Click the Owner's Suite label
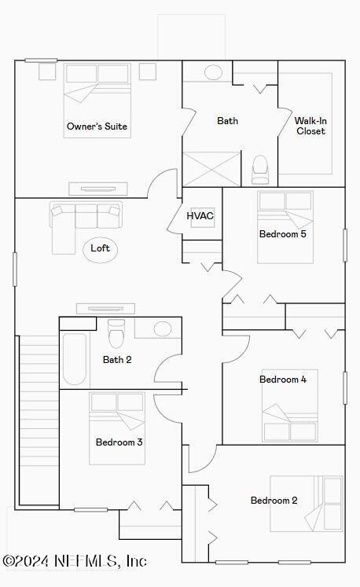pyautogui.click(x=97, y=126)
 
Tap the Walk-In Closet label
pyautogui.click(x=310, y=126)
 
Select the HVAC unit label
pyautogui.click(x=200, y=215)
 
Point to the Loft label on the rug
pyautogui.click(x=100, y=248)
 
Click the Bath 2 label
pyautogui.click(x=117, y=360)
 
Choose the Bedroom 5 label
pyautogui.click(x=283, y=233)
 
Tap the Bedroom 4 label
pyautogui.click(x=283, y=380)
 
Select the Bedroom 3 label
pyautogui.click(x=119, y=442)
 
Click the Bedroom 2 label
pyautogui.click(x=274, y=501)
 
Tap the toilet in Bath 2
pyautogui.click(x=116, y=333)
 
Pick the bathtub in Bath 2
pyautogui.click(x=74, y=361)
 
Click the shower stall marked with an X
pyautogui.click(x=211, y=169)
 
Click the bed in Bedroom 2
pyautogui.click(x=307, y=503)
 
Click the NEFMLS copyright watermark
pyautogui.click(x=75, y=561)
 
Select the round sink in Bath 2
pyautogui.click(x=163, y=328)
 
